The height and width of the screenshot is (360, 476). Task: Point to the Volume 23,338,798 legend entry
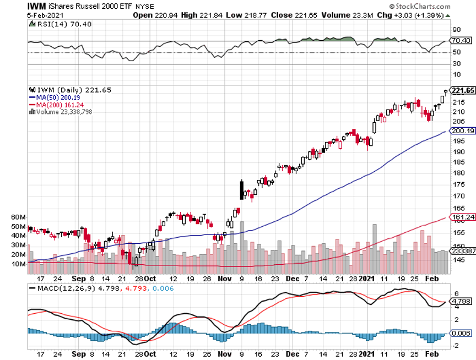(63, 112)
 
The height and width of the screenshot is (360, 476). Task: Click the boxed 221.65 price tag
(463, 91)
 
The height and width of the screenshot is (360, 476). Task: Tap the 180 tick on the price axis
(457, 172)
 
